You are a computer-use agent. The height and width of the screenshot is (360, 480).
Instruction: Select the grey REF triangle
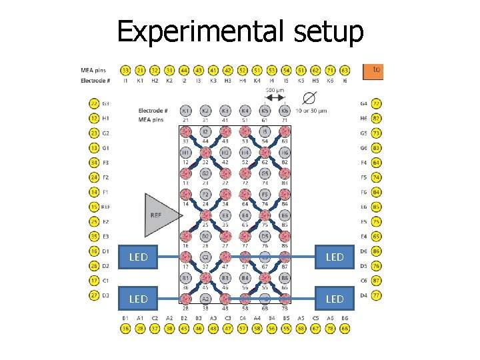[x=157, y=215]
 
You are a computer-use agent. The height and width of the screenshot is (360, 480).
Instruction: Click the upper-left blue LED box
[x=139, y=257]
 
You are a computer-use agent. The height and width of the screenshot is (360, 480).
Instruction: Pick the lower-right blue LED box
[x=334, y=299]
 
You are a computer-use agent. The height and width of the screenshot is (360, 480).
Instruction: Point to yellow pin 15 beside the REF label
[x=94, y=207]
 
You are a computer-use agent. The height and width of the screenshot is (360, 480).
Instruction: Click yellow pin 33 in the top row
[x=125, y=69]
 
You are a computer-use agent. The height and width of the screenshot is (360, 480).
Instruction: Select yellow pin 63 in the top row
[x=345, y=69]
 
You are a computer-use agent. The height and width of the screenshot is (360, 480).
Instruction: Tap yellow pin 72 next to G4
[x=377, y=103]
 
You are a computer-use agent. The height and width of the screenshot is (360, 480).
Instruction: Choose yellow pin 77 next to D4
[x=377, y=295]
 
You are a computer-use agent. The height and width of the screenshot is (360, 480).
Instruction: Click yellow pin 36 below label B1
[x=125, y=329]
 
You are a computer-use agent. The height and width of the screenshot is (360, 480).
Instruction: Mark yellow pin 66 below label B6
[x=345, y=329]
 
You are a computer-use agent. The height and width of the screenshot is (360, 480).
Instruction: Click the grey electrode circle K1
[x=186, y=110]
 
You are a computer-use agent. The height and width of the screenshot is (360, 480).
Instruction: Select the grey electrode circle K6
[x=285, y=110]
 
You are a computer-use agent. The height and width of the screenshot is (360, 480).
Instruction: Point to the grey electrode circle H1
[x=186, y=153]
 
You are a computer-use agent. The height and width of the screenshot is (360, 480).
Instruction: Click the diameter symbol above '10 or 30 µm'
[x=309, y=98]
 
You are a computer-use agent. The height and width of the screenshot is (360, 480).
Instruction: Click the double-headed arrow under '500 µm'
[x=275, y=97]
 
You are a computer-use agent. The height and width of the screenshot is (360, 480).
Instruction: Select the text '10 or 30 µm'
[x=311, y=111]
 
